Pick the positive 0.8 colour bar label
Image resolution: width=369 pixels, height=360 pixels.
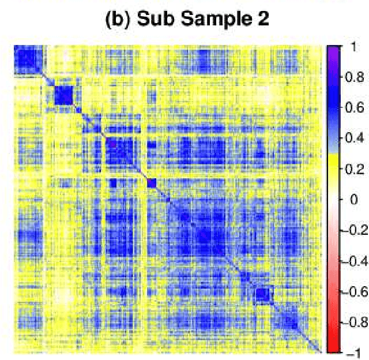pos(355,77)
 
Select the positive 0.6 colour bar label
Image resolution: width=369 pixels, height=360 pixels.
pos(355,107)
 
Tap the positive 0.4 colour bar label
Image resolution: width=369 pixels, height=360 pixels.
pos(355,138)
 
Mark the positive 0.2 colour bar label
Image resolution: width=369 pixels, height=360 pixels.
pos(355,169)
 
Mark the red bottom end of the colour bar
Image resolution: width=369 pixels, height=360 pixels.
pos(334,346)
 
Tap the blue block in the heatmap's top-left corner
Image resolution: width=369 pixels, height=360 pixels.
pos(27,59)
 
